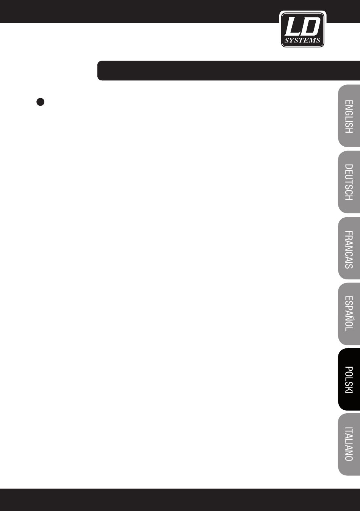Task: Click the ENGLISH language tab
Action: pos(349,116)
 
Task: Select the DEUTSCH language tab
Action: pos(349,182)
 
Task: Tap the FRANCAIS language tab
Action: pos(349,248)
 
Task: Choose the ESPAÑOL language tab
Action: pos(349,313)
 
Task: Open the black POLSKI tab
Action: pos(349,379)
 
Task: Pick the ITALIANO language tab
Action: pos(349,444)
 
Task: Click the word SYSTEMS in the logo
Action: pos(303,41)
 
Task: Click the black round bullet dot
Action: pos(41,102)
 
